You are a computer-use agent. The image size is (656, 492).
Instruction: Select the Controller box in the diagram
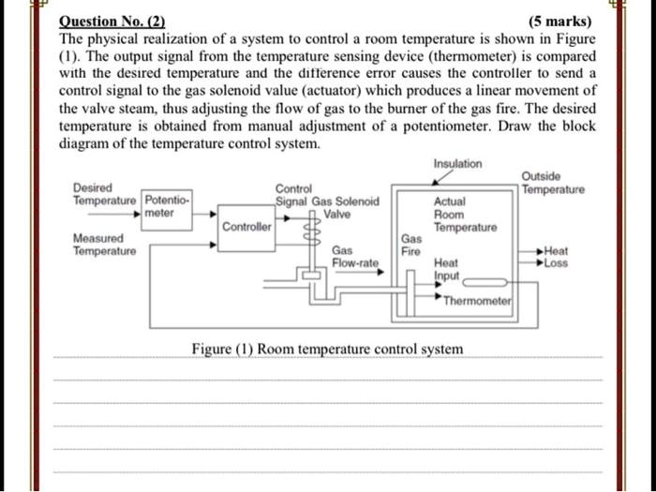(x=247, y=227)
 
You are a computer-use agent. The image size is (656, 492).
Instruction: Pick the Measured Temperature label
(x=104, y=245)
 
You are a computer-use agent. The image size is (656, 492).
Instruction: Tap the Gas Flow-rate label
(x=354, y=258)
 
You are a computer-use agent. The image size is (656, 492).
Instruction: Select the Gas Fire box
(x=411, y=246)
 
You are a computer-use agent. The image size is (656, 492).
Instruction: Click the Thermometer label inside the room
(x=477, y=301)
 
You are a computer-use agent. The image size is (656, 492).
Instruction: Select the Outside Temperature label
(x=553, y=183)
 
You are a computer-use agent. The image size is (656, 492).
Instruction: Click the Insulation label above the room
(x=457, y=164)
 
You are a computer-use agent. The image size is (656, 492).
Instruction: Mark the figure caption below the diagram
(x=326, y=350)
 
